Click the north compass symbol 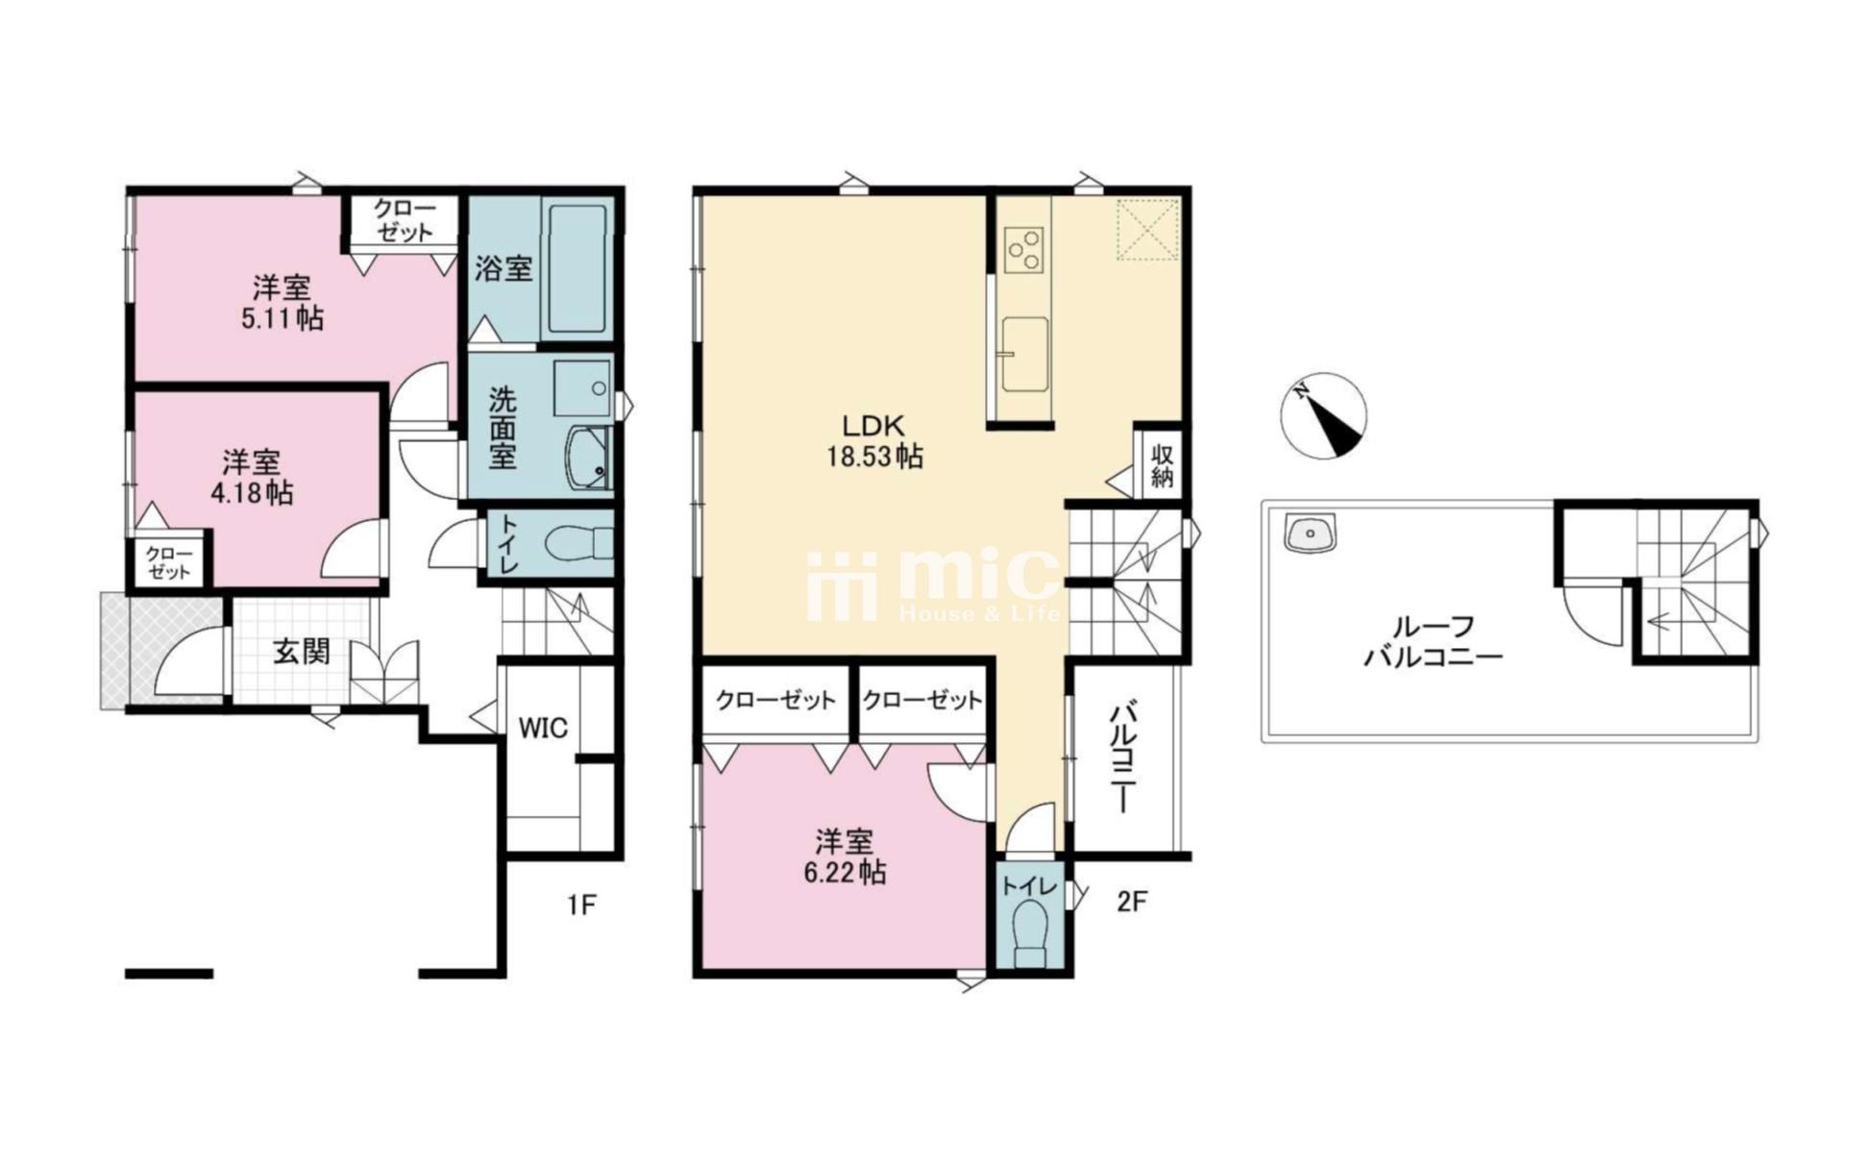pyautogui.click(x=1323, y=415)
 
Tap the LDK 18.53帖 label pyautogui.click(x=874, y=440)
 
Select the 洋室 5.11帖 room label pyautogui.click(x=282, y=302)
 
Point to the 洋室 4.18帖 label pyautogui.click(x=252, y=477)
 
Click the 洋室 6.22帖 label pyautogui.click(x=845, y=857)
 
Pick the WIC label pyautogui.click(x=543, y=729)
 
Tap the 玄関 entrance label pyautogui.click(x=302, y=652)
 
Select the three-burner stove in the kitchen pyautogui.click(x=1024, y=249)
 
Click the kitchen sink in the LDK pyautogui.click(x=1024, y=355)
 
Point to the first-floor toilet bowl pyautogui.click(x=577, y=545)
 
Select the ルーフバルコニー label pyautogui.click(x=1433, y=642)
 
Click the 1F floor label pyautogui.click(x=581, y=905)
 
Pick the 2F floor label pyautogui.click(x=1131, y=902)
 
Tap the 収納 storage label pyautogui.click(x=1162, y=466)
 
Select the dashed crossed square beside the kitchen pyautogui.click(x=1147, y=229)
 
